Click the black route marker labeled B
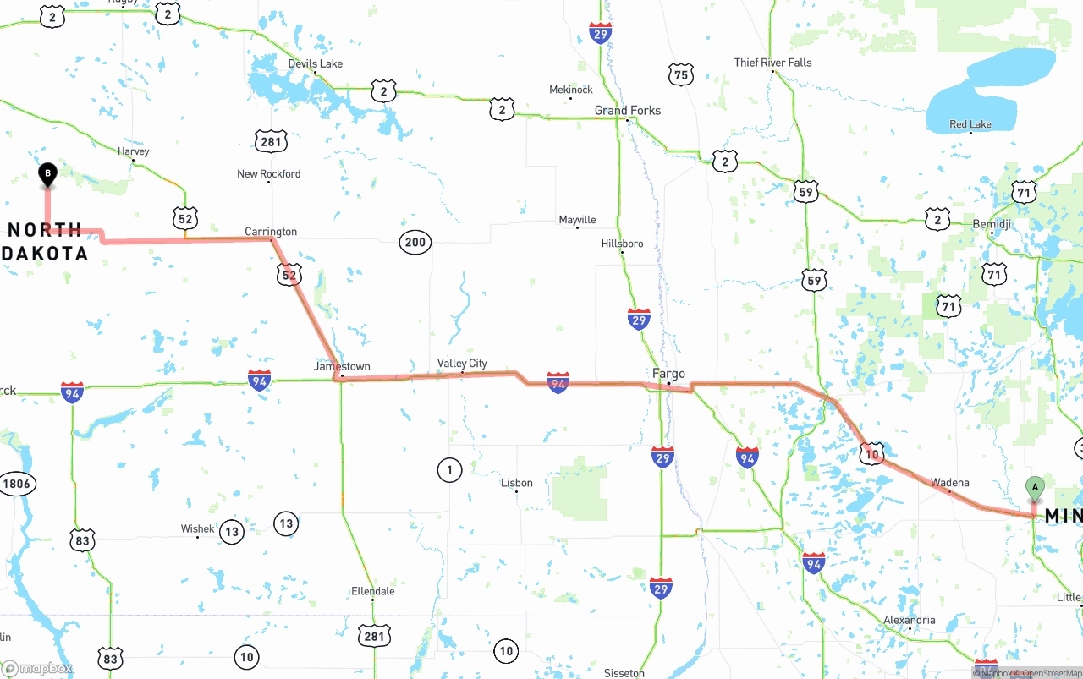tap(47, 174)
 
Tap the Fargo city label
tap(668, 373)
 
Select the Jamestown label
tap(342, 366)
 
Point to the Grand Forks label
tap(627, 111)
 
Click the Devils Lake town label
tap(315, 63)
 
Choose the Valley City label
tap(462, 363)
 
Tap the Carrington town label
tap(271, 231)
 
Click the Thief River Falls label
tap(772, 63)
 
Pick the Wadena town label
tap(949, 483)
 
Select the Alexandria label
tap(909, 620)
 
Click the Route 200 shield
tap(415, 243)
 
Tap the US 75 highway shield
tap(680, 75)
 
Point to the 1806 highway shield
tap(16, 485)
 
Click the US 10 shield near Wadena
tap(871, 453)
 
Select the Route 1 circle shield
tap(449, 469)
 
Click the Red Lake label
tap(970, 124)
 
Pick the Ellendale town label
tap(372, 591)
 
